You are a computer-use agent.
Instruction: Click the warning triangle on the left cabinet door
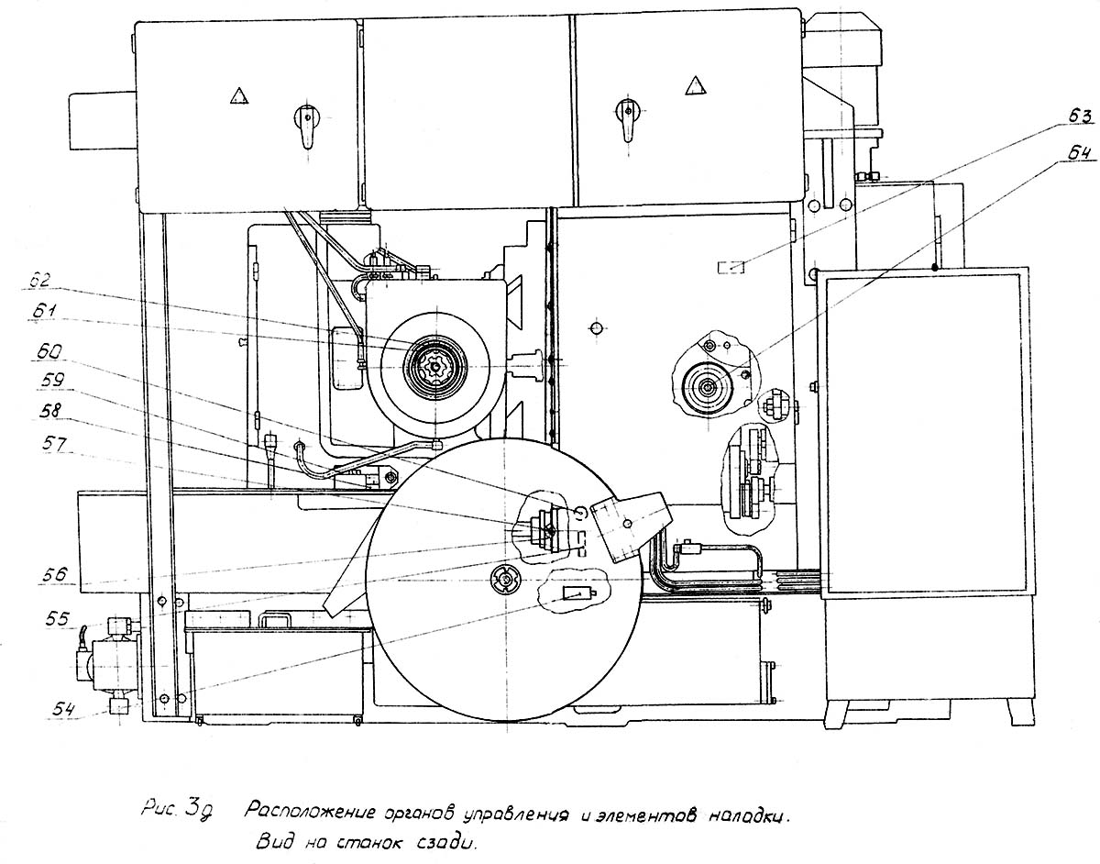tap(239, 94)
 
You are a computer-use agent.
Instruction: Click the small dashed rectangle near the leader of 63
tap(731, 267)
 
